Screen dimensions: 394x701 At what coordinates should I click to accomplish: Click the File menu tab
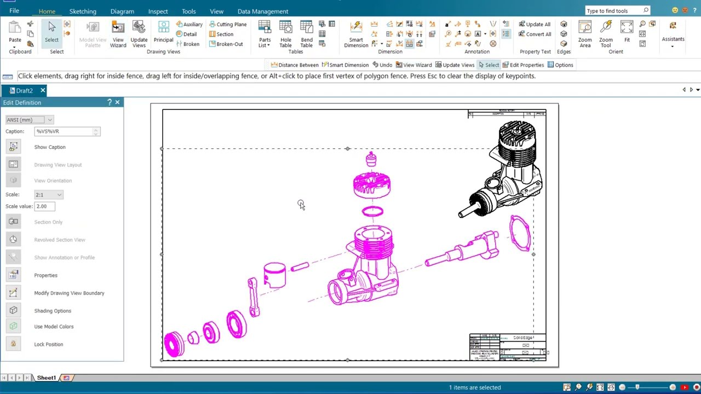click(14, 11)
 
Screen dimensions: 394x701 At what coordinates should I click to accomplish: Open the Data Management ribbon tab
click(262, 11)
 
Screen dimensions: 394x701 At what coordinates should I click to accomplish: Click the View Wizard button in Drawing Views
click(118, 34)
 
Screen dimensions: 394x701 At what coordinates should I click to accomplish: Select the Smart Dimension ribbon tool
click(356, 34)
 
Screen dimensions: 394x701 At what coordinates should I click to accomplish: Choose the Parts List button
click(265, 34)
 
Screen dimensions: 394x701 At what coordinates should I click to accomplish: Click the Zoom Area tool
click(585, 34)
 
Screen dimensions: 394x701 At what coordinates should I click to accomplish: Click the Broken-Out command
click(226, 44)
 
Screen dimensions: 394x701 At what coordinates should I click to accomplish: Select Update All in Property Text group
click(535, 24)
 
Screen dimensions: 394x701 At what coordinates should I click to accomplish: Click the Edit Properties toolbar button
click(523, 65)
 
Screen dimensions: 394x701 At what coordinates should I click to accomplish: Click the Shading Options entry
click(53, 311)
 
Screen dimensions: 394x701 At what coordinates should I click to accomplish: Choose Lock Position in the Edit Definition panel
click(48, 344)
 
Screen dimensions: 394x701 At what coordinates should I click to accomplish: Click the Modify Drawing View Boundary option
click(69, 293)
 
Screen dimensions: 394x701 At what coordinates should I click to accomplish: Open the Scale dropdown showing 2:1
click(49, 195)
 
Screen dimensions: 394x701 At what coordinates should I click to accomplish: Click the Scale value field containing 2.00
click(44, 206)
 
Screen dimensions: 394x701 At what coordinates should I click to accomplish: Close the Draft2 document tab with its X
click(43, 90)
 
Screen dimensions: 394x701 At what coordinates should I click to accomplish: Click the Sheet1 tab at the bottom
click(46, 378)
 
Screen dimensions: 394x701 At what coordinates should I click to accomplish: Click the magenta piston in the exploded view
click(274, 275)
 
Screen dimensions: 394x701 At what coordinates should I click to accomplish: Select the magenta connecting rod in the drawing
click(253, 297)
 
